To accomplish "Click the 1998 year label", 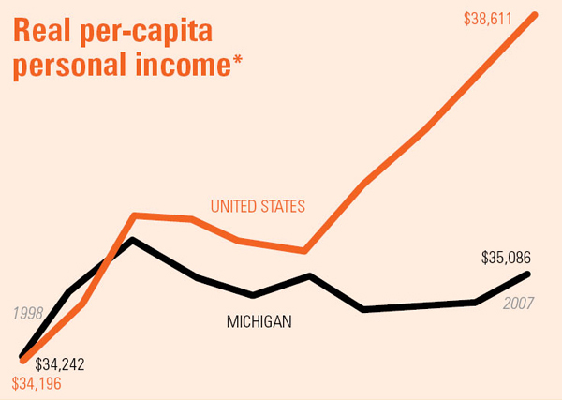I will tap(28, 313).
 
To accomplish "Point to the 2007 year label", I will tap(519, 304).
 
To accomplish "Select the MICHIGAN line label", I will tap(259, 322).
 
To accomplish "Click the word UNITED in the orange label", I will tap(234, 206).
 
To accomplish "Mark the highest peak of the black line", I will tap(134, 240).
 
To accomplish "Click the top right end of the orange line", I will tap(535, 15).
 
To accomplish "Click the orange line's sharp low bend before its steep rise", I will tap(305, 250).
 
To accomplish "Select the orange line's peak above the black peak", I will tap(135, 215).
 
